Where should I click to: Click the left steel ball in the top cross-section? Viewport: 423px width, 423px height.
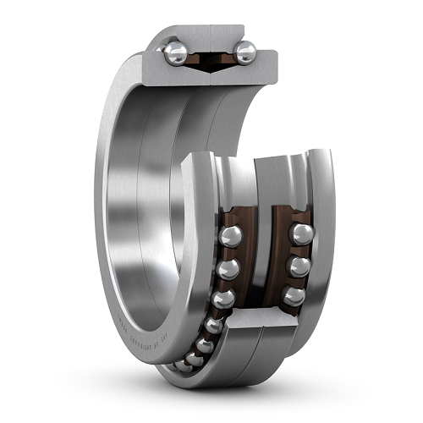coord(175,53)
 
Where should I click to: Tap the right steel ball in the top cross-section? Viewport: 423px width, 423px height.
coord(244,53)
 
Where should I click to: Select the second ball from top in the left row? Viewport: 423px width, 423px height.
coord(227,269)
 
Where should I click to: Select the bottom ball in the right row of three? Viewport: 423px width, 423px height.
coord(293,295)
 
